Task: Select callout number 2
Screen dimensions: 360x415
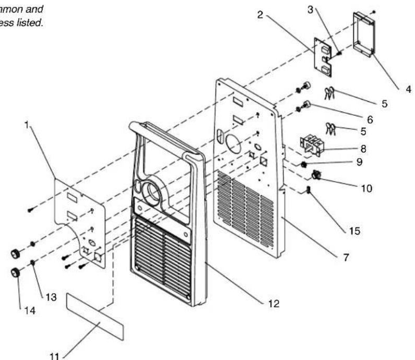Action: (x=259, y=14)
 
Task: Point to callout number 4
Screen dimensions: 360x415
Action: (x=408, y=89)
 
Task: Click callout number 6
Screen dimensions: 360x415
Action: (x=370, y=119)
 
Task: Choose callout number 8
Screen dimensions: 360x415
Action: (x=363, y=149)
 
